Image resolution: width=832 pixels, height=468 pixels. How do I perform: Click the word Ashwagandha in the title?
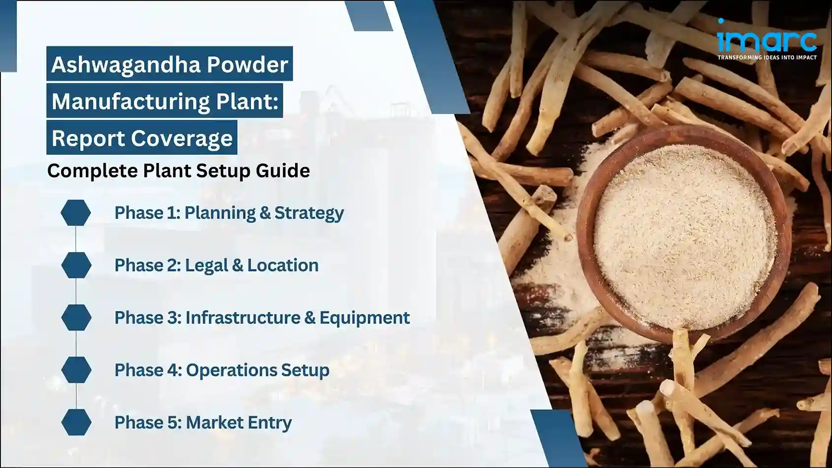click(125, 65)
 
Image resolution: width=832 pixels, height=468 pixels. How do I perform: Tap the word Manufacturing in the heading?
click(131, 101)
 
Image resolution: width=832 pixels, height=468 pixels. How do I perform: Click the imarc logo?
click(766, 39)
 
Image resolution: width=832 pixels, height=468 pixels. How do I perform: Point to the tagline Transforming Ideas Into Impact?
click(766, 58)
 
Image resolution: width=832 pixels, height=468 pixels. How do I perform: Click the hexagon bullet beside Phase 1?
click(76, 213)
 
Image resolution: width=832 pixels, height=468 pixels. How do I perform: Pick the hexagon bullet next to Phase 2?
click(76, 265)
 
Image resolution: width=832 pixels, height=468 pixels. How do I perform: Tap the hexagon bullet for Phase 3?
click(76, 317)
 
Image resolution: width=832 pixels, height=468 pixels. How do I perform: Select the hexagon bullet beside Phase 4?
click(76, 370)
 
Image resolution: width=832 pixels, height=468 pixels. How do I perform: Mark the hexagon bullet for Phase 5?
click(76, 422)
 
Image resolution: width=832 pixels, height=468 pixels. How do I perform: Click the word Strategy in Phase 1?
click(309, 213)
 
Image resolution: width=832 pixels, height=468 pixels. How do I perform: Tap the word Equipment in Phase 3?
click(364, 318)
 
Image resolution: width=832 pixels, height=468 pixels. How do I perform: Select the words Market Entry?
click(238, 423)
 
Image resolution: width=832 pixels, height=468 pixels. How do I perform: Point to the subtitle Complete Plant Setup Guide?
click(178, 171)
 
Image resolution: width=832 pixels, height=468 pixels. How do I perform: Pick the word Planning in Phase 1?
click(220, 213)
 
